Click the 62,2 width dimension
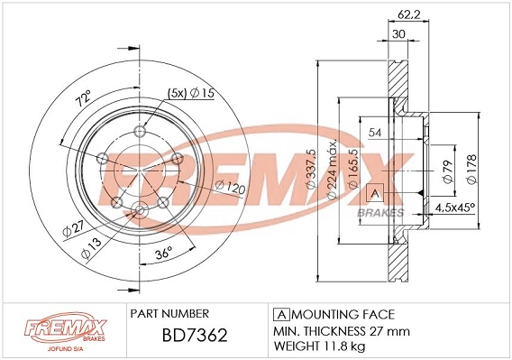point(408,14)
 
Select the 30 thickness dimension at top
point(398,34)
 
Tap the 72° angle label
point(83,98)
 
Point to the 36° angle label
point(164,253)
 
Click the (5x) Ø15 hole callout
point(191,93)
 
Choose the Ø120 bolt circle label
point(230,188)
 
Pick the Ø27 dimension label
point(74,228)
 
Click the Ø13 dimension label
point(91,247)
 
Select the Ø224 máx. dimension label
point(332,170)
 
